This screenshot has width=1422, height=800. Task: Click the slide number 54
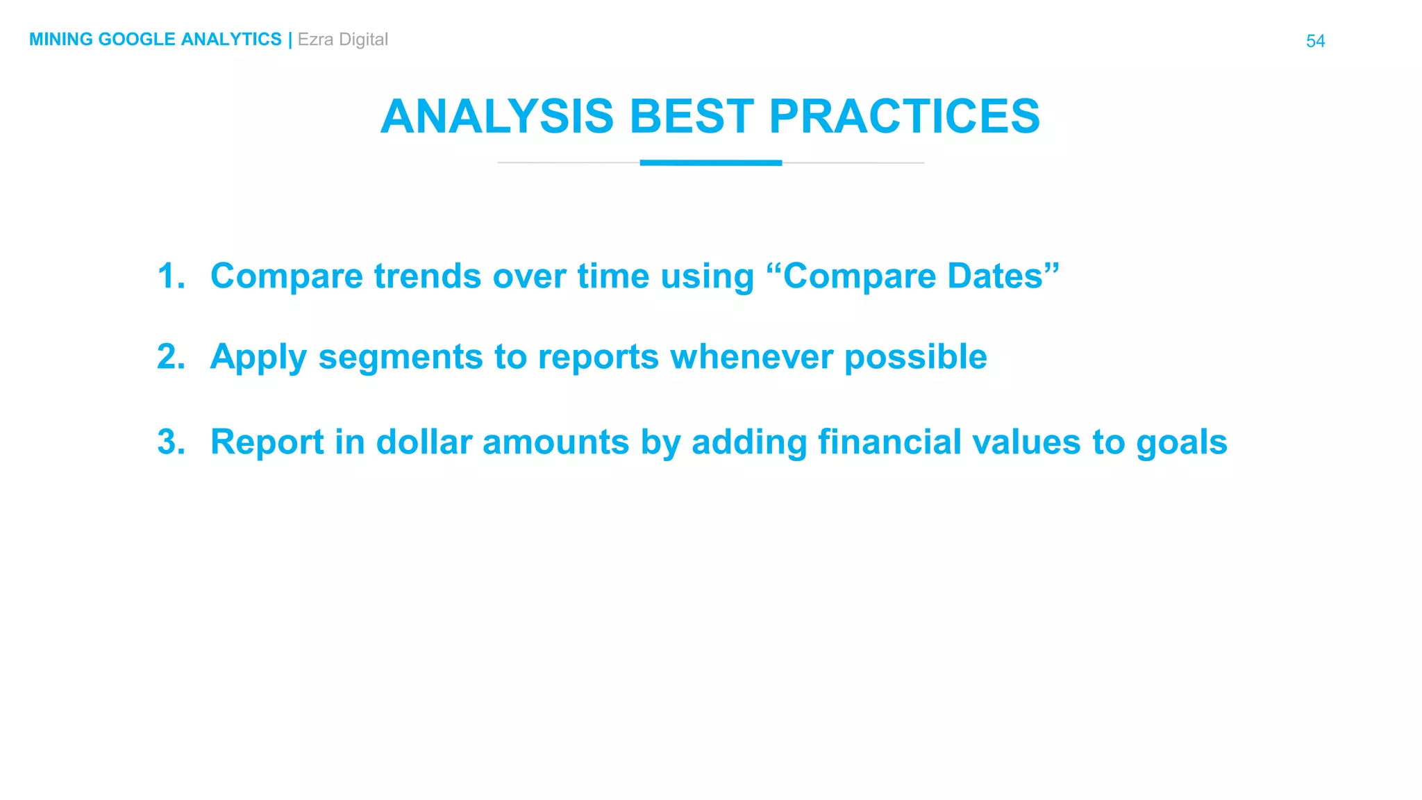[x=1315, y=41]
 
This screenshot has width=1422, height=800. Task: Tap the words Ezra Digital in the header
[x=342, y=40]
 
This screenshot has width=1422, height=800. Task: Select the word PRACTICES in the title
[x=904, y=116]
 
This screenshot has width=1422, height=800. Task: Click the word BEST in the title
[x=692, y=116]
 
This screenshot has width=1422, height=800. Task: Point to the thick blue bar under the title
[x=710, y=162]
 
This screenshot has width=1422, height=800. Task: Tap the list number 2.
[x=171, y=356]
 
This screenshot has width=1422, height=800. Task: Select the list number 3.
[x=171, y=442]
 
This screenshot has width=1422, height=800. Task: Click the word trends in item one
[x=427, y=276]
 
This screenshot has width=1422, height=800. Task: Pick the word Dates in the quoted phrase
[x=1003, y=276]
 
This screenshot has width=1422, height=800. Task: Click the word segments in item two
[x=400, y=358]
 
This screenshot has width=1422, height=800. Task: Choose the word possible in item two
[x=915, y=358]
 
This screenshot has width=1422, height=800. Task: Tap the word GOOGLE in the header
[x=137, y=40]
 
